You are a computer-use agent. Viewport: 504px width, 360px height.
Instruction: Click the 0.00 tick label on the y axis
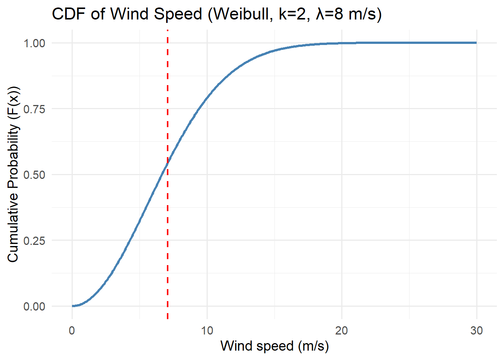pos(34,306)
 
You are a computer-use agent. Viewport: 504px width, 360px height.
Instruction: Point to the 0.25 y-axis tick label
pos(34,240)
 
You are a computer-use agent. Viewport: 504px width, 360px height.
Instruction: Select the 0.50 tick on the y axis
pos(34,175)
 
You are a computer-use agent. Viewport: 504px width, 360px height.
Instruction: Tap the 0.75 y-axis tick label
pos(34,109)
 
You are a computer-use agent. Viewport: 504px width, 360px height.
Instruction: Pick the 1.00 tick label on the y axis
pos(34,43)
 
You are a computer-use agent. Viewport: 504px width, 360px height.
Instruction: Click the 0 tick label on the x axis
pos(72,330)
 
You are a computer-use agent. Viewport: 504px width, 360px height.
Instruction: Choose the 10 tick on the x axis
pos(207,330)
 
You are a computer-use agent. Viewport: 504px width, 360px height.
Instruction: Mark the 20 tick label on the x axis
pos(342,330)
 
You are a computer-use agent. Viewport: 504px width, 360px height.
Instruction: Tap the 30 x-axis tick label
pos(477,330)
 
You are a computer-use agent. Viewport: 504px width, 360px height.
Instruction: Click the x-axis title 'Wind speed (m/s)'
pos(274,346)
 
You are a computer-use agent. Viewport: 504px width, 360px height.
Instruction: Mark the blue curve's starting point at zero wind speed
pos(72,306)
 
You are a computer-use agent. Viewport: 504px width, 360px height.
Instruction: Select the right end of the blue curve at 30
pos(476,43)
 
